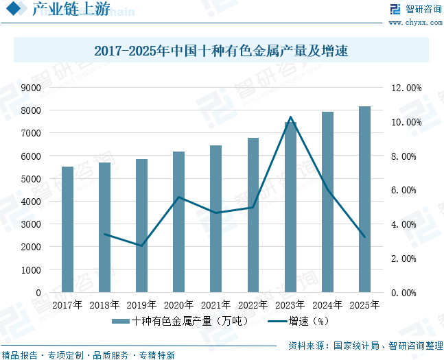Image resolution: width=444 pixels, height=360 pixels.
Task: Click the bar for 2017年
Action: point(67,229)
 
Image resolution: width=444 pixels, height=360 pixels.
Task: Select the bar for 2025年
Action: point(364,200)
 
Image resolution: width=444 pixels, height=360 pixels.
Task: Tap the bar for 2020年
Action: point(178,222)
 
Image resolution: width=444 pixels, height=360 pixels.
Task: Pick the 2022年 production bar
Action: point(253,215)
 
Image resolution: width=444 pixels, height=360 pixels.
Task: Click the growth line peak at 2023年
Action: point(290,117)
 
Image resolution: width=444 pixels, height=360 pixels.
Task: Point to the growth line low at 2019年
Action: point(141,245)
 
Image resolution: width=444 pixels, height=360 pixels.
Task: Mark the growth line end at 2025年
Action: point(364,237)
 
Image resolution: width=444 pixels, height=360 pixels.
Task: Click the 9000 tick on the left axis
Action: point(31,88)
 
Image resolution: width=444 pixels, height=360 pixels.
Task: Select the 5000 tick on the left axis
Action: point(31,179)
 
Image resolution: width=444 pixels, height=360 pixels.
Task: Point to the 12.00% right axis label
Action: point(406,88)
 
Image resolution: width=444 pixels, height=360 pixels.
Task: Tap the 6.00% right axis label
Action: point(404,190)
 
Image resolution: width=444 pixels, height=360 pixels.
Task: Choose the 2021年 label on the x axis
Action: point(215,305)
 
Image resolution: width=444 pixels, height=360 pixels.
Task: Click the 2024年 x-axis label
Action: point(327,305)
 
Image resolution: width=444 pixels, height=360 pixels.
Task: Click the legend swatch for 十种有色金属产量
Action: point(121,321)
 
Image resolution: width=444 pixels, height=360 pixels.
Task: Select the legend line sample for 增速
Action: point(277,321)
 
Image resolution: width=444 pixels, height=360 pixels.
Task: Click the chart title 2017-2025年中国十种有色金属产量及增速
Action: point(221,51)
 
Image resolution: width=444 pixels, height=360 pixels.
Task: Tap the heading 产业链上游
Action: point(71,9)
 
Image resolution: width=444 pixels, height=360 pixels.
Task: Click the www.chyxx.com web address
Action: point(415,23)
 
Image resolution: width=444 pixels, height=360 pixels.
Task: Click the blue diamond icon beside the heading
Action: point(14,8)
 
